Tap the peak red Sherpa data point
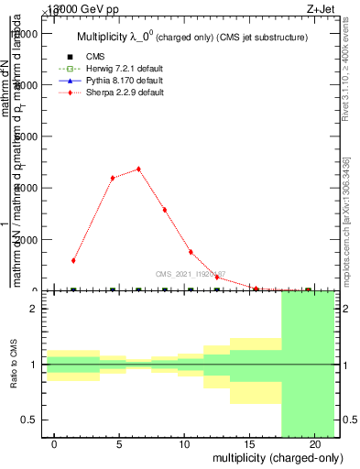[x=138, y=169]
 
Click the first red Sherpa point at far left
[x=73, y=260]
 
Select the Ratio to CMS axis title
[x=15, y=365]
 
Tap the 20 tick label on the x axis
[x=314, y=444]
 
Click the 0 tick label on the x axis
[x=54, y=444]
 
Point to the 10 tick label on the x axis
[x=184, y=444]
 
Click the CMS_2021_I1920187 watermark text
[x=191, y=274]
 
